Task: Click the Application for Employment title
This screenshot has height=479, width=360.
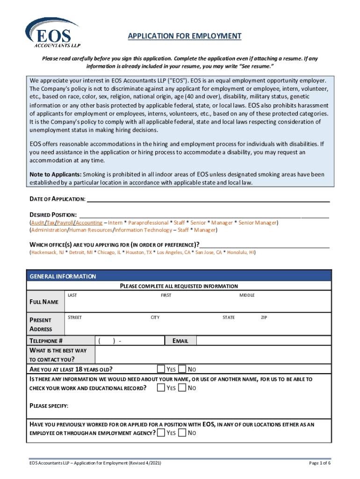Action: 185,36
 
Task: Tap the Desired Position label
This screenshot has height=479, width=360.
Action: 53,215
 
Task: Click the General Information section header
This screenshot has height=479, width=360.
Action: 63,276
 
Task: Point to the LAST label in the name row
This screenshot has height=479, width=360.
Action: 72,295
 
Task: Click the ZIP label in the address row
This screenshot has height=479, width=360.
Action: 265,318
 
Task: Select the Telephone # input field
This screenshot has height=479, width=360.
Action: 130,341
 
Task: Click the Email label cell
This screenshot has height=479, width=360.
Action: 180,341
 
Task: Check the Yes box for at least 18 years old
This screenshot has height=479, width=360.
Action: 161,369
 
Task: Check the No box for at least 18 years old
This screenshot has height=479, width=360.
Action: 182,369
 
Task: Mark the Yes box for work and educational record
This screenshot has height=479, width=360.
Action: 161,388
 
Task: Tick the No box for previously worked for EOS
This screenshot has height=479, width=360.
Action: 182,433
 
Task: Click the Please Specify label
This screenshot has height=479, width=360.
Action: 49,405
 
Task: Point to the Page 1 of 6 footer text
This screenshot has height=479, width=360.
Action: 320,463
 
